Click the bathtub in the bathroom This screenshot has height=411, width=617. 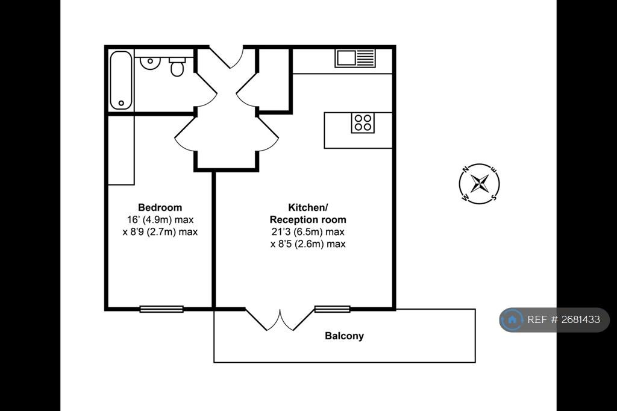click(121, 80)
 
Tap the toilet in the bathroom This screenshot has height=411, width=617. click(177, 66)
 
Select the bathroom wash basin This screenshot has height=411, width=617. click(149, 63)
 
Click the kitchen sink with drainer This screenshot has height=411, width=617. click(355, 58)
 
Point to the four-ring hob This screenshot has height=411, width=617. click(363, 122)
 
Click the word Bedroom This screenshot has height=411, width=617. click(160, 207)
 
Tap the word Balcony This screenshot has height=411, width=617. click(344, 336)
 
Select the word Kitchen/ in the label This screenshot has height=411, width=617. click(308, 207)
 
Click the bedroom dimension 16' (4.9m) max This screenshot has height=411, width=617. click(160, 220)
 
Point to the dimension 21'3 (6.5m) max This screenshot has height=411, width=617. click(308, 232)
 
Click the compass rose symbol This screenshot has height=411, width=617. click(479, 183)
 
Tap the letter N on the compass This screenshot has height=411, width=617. click(466, 170)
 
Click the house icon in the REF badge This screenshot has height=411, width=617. click(512, 319)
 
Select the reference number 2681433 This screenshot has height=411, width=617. click(581, 319)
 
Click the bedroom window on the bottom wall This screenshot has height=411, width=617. click(161, 309)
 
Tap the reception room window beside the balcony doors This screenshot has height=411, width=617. click(333, 309)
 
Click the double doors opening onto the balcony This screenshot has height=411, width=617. click(280, 319)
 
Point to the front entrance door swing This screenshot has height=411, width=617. click(227, 57)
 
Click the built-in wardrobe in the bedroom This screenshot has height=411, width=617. click(121, 150)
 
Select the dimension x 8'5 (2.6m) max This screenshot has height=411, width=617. click(308, 244)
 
